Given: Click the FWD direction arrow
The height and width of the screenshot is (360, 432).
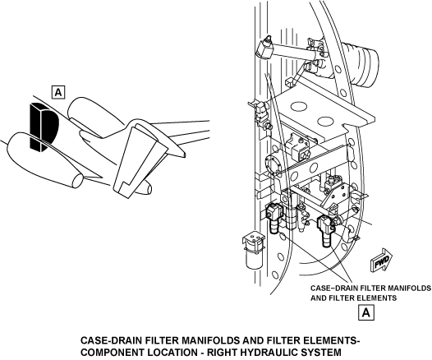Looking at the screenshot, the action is click(x=382, y=261).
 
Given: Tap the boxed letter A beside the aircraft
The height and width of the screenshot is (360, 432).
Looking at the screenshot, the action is click(x=58, y=92).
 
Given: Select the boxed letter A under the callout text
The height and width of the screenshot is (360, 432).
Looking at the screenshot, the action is click(x=366, y=312).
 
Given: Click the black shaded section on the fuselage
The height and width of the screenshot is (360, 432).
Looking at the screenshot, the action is click(x=44, y=127).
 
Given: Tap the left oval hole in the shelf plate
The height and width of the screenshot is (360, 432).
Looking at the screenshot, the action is click(x=298, y=106).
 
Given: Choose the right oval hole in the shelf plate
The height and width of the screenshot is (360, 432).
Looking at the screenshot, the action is click(x=325, y=122).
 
